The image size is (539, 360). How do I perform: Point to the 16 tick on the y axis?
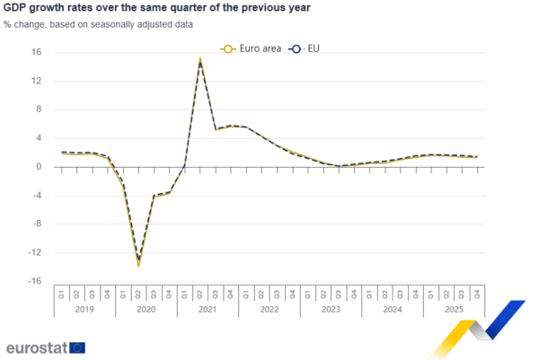pos(38,52)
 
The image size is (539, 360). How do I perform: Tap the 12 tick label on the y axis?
pos(38,81)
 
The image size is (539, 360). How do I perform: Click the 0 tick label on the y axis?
pos(40,166)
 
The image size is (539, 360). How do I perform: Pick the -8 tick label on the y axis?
pos(38,224)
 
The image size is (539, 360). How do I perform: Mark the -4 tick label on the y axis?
pos(38,195)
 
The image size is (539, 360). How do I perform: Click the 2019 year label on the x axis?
pos(84,308)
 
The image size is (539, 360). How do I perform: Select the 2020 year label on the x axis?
pos(146,308)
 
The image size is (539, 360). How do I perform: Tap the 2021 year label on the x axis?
pos(208,308)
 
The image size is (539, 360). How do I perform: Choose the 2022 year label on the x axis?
pos(269,308)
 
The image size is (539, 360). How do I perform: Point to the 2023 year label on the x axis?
pos(331,308)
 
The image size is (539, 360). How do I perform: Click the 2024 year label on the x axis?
pos(392,308)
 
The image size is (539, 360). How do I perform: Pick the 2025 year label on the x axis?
pos(454,308)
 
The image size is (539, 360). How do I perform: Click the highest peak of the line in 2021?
pos(199,58)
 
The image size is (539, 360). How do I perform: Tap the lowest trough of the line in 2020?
pos(138,265)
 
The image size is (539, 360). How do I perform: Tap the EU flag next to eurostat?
pos(78,347)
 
